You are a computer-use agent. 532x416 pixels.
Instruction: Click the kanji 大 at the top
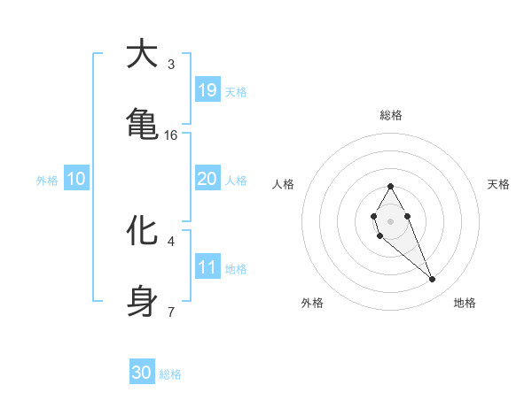coord(142,55)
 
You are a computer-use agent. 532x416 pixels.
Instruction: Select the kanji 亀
coord(142,123)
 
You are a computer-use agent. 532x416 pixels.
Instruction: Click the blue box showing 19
coord(207,90)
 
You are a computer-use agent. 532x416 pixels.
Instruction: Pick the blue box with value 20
coord(207,179)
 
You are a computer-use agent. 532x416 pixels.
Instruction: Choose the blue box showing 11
coord(207,267)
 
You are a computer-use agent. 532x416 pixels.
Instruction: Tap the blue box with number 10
coord(75,179)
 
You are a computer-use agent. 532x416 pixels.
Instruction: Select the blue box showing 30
coord(142,373)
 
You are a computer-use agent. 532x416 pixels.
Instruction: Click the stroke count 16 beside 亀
coord(171,135)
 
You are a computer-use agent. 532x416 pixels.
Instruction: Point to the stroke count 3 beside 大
coord(171,65)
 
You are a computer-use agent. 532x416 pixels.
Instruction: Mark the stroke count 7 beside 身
coord(171,312)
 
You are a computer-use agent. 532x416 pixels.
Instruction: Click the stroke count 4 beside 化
coord(171,241)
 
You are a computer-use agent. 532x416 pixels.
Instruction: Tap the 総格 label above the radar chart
coord(390,115)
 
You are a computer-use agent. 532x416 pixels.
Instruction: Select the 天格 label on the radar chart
coord(498,184)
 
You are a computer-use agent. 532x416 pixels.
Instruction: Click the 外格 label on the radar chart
coord(312,303)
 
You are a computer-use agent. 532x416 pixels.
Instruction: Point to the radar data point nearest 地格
coord(433,280)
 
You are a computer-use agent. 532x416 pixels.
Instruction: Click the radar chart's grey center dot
coord(390,220)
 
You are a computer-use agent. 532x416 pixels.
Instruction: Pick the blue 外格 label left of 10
coord(47,181)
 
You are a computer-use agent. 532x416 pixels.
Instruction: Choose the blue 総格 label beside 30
coord(170,374)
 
